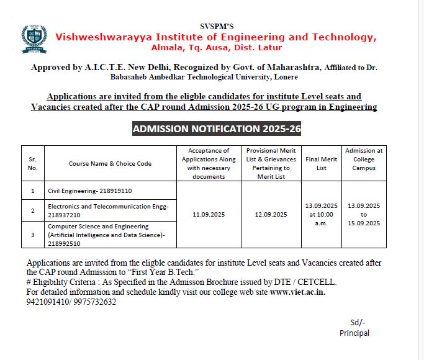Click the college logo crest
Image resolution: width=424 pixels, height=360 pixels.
tap(33, 38)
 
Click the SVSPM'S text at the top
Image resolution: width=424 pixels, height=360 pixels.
tap(217, 26)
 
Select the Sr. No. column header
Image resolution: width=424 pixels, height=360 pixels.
tap(33, 163)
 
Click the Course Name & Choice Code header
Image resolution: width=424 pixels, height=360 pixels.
tap(111, 164)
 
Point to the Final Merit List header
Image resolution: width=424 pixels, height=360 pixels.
tap(321, 163)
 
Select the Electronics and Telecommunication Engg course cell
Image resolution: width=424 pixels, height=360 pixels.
tap(108, 210)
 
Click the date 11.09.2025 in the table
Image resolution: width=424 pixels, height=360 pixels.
tap(209, 215)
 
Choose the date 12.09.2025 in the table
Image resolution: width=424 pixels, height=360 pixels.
tap(271, 215)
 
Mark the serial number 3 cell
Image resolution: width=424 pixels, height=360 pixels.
tap(32, 235)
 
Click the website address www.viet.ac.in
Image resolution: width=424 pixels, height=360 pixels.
tap(297, 292)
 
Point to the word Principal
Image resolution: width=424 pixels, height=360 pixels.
tap(354, 333)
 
